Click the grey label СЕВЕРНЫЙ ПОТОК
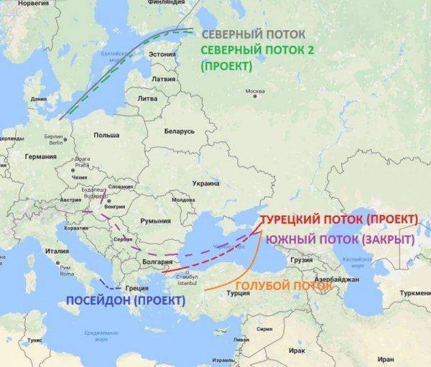coord(253,34)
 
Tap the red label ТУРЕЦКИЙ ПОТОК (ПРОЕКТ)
coord(338,219)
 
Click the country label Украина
coord(206,183)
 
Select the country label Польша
coord(106,135)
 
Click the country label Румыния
coord(156,221)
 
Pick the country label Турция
coord(238,293)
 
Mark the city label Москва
coord(255,91)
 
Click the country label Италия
coord(57,251)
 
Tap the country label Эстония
coord(162,54)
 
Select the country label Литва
coord(147,98)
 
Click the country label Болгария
coord(159,262)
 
